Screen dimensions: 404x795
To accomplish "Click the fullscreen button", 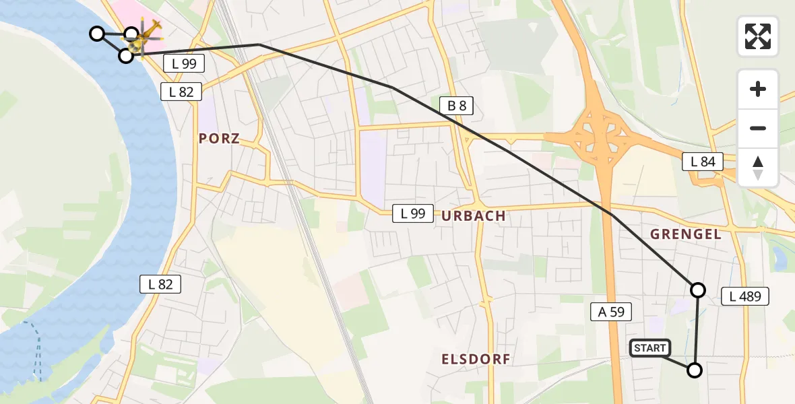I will (x=758, y=36).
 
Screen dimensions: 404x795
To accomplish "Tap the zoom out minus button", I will (x=758, y=128).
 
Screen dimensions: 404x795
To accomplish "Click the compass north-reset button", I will (x=758, y=168).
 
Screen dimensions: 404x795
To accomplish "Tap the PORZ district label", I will (x=219, y=139).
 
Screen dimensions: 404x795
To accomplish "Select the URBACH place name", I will (x=474, y=216).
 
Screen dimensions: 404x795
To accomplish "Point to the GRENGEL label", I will (x=685, y=234).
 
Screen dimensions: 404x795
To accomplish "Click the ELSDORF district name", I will (x=476, y=360).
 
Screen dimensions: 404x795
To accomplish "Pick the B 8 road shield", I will (x=456, y=105).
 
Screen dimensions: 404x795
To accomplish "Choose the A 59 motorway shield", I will (x=611, y=311).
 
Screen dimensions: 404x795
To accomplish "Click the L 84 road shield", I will (x=703, y=162).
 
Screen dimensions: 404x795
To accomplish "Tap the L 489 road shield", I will (x=744, y=296).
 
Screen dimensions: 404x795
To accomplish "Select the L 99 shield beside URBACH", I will (x=413, y=214).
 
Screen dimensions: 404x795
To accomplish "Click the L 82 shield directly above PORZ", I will (x=181, y=92).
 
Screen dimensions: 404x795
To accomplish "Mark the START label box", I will (x=649, y=348).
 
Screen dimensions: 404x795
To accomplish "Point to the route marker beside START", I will (x=694, y=370).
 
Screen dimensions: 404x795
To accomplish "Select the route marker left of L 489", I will (x=698, y=290).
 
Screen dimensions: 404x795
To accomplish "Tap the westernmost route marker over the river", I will (x=97, y=33).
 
